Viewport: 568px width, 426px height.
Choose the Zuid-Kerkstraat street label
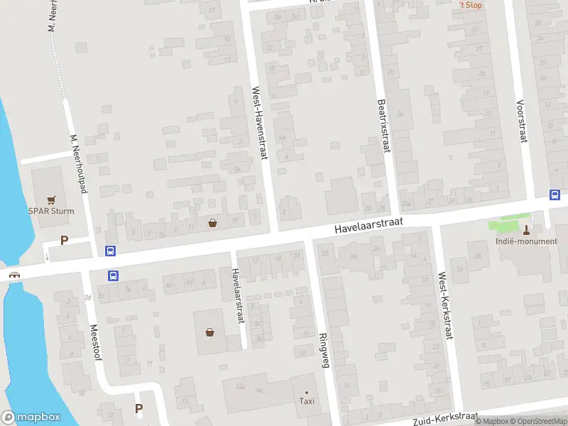click(442, 418)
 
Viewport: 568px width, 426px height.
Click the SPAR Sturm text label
click(51, 211)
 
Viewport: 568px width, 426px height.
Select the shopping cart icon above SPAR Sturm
click(51, 200)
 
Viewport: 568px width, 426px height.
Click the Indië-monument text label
click(526, 241)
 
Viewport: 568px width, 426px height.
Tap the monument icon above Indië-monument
click(526, 229)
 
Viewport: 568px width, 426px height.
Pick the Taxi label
click(307, 402)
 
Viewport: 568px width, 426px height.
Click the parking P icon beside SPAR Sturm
click(64, 240)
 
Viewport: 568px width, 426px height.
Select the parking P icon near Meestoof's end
click(139, 408)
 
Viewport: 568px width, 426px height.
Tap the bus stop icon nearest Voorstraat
click(555, 195)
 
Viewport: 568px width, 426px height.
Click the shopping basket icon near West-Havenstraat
click(212, 223)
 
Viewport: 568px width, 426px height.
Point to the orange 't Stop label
click(471, 5)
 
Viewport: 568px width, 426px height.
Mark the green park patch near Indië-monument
click(510, 226)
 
